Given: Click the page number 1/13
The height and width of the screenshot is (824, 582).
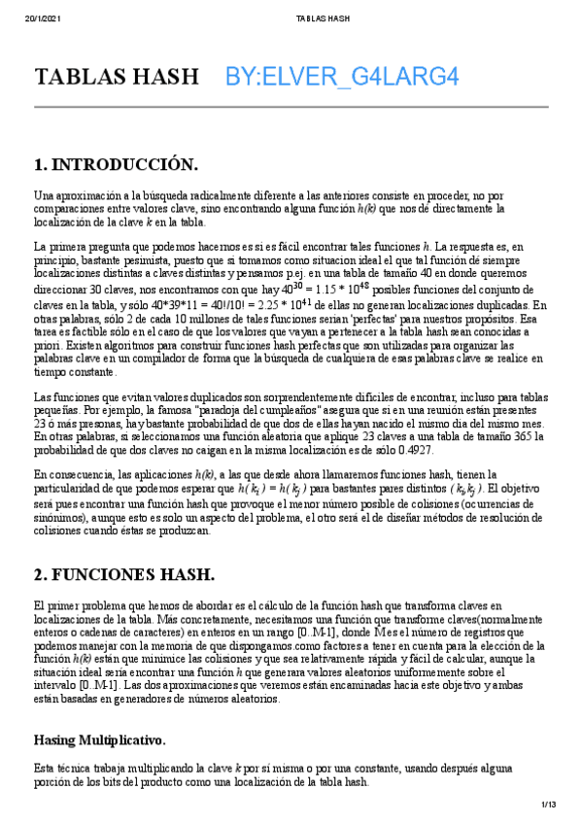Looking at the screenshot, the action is click(550, 805).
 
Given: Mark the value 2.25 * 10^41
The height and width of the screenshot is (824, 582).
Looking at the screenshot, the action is click(275, 304).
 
